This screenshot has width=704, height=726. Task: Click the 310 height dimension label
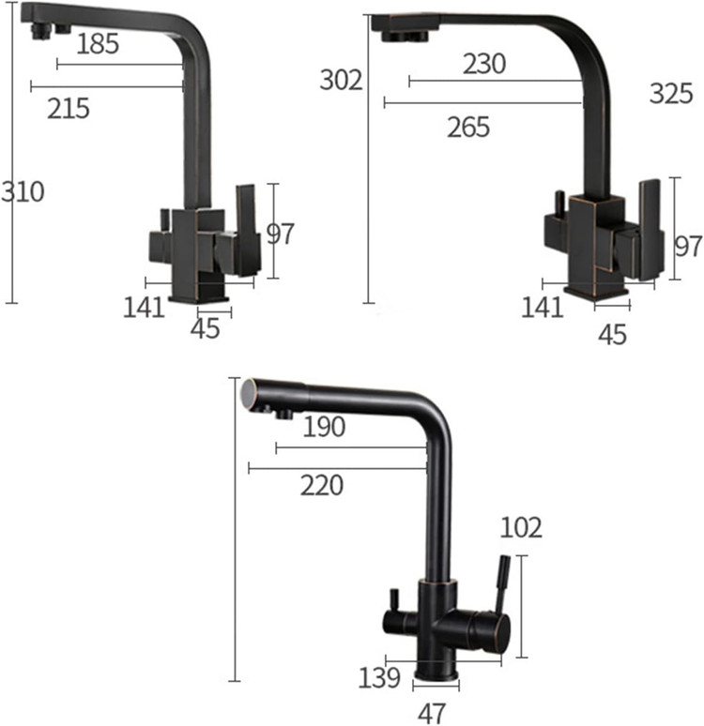pyautogui.click(x=23, y=191)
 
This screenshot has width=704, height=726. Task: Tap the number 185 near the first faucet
pyautogui.click(x=98, y=44)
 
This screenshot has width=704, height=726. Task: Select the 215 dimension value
pyautogui.click(x=69, y=109)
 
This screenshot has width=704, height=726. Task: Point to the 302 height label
pyautogui.click(x=341, y=80)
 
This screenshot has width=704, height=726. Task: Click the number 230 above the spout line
pyautogui.click(x=483, y=64)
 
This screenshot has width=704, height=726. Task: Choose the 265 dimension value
pyautogui.click(x=468, y=128)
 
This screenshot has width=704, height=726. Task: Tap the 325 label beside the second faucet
pyautogui.click(x=671, y=94)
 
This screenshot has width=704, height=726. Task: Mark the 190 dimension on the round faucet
pyautogui.click(x=324, y=427)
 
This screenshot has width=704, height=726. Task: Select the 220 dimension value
pyautogui.click(x=322, y=486)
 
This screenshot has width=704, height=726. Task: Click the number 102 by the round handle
pyautogui.click(x=521, y=528)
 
